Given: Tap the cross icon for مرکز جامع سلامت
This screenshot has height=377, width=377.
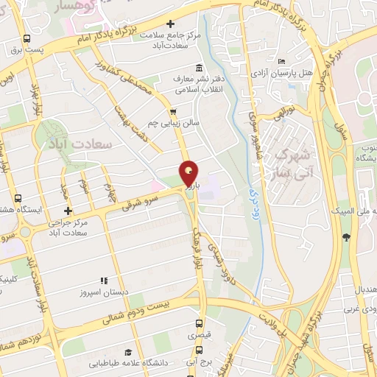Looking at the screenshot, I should pos(171,24).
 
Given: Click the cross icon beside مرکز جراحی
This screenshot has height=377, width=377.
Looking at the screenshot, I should pos(68,211).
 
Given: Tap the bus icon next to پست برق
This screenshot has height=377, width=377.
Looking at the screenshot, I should pos(27,38).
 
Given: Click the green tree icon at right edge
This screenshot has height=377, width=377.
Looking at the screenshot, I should pos(347,236).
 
